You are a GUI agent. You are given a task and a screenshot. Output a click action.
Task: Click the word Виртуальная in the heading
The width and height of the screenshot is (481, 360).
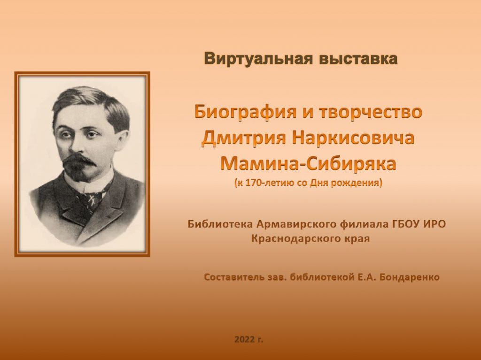point(258,58)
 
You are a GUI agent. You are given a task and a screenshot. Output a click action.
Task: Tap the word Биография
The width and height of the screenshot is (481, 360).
point(245,112)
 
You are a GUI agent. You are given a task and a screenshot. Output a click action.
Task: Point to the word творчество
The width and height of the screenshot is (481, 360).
point(371,112)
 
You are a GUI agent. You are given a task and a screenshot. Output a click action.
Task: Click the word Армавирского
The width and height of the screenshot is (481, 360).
point(297,224)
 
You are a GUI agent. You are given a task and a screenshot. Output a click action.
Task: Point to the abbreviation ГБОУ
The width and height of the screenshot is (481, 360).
point(406,224)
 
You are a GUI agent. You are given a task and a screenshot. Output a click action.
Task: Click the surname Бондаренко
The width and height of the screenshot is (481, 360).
point(409,277)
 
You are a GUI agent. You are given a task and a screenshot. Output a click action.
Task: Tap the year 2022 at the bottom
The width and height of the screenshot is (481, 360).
point(244,339)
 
